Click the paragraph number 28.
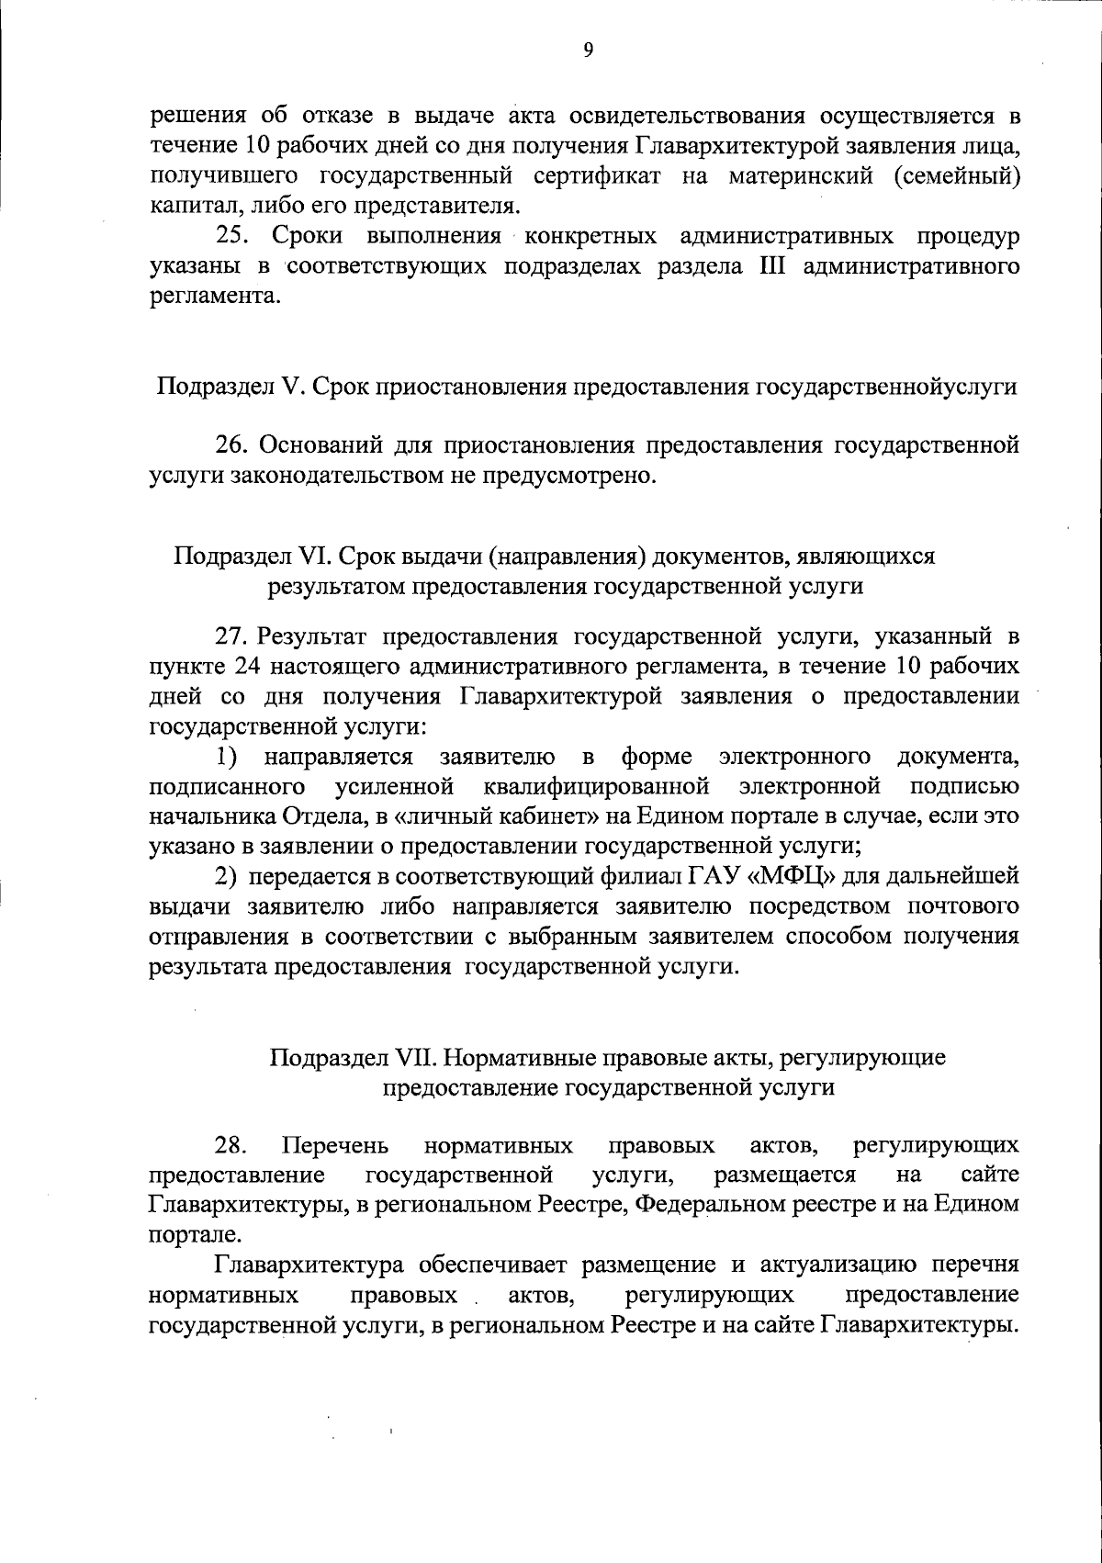click(x=231, y=1145)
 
